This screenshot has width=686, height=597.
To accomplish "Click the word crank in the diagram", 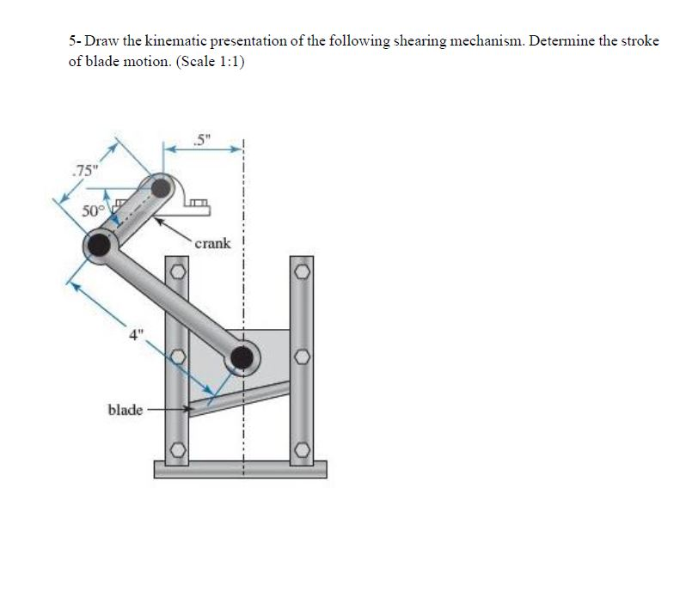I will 212,243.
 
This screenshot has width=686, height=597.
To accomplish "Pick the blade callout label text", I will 125,410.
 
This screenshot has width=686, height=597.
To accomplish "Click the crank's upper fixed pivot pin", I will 161,188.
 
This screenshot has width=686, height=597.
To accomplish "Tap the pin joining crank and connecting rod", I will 101,246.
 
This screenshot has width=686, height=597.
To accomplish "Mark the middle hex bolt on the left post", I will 176,356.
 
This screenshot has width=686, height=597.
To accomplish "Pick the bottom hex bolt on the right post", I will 302,449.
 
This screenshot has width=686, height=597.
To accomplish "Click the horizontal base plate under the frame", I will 240,469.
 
